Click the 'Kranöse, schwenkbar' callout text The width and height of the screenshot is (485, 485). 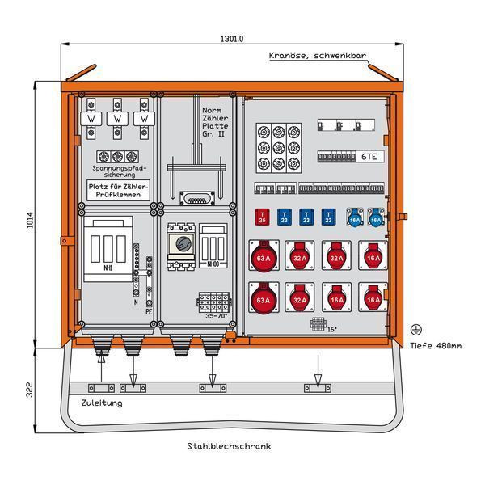click(318, 56)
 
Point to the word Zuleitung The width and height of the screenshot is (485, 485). click(103, 402)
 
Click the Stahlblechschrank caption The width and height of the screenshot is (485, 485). click(229, 446)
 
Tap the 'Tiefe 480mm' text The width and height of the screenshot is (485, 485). click(436, 346)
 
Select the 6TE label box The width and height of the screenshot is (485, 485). click(369, 158)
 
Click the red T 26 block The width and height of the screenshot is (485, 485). click(262, 217)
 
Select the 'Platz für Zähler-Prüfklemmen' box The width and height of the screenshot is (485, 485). click(117, 190)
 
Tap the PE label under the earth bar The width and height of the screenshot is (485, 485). click(150, 310)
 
